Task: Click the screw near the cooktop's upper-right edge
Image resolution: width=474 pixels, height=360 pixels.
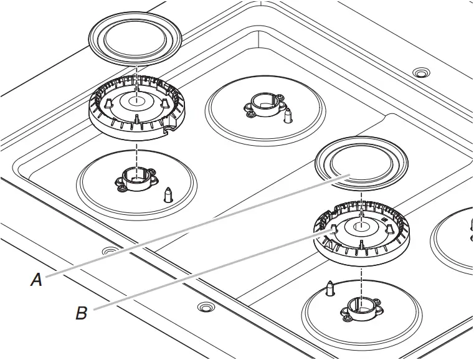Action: coord(422,73)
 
